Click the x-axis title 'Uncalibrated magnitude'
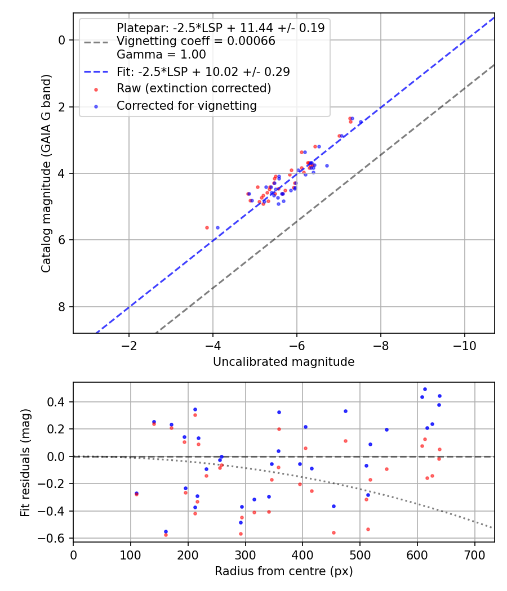tap(284, 362)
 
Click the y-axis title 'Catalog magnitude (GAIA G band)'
tap(46, 173)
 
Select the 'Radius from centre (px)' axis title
tap(284, 571)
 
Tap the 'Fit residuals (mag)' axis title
tap(25, 463)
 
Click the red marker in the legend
tap(96, 89)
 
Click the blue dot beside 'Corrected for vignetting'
tap(96, 107)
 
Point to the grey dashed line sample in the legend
tap(96, 42)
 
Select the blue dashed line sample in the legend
tap(96, 72)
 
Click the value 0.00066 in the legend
tap(251, 41)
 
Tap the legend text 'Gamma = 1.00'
tap(162, 55)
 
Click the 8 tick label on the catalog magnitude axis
tap(62, 307)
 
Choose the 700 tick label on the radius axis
tap(474, 555)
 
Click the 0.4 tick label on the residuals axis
tap(56, 402)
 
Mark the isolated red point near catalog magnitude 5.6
tap(207, 227)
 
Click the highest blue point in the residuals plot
tap(425, 389)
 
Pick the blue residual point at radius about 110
tap(136, 494)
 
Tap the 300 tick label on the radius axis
tap(246, 555)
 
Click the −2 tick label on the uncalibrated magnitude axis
tap(129, 346)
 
